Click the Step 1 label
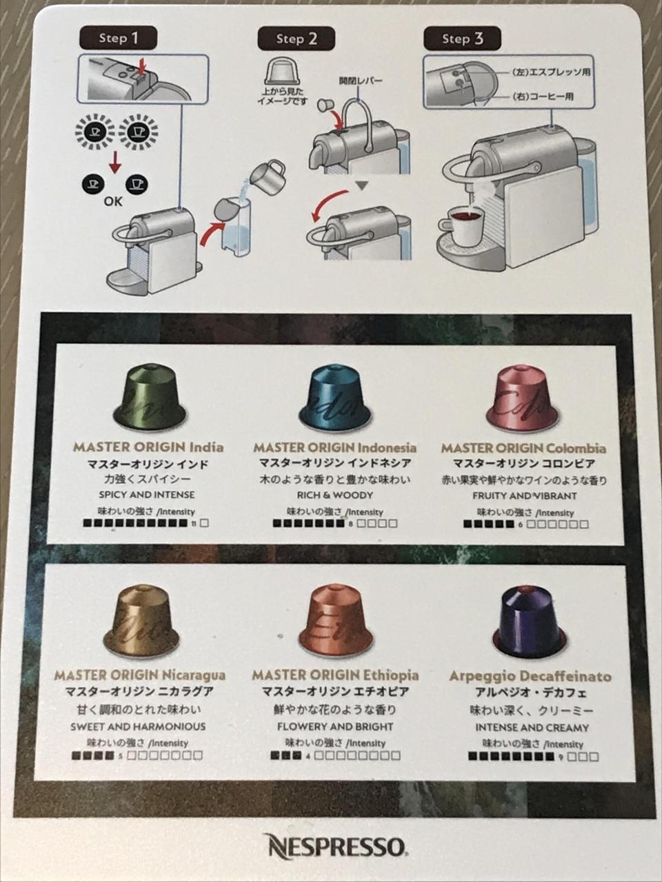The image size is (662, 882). point(118,38)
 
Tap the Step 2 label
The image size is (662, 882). point(297,39)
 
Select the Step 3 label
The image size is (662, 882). point(462,39)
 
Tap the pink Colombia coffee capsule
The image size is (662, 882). point(523,399)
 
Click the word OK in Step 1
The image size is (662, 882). point(113,201)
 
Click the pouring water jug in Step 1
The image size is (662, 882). point(268,176)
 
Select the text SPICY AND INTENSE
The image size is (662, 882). point(147,495)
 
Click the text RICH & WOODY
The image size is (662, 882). point(335,495)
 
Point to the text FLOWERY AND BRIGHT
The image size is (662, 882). point(335,726)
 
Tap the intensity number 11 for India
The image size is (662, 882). point(194,523)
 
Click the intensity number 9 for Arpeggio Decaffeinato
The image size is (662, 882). point(561,757)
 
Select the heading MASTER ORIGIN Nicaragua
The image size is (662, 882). point(140,675)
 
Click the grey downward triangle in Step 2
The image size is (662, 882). point(362,185)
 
